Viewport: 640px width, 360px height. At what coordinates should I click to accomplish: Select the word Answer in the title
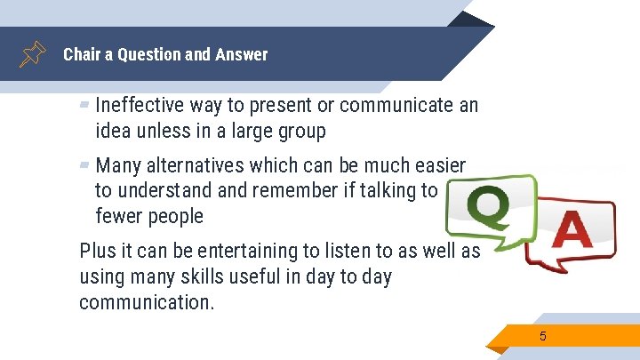click(241, 54)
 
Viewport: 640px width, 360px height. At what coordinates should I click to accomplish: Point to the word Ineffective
click(140, 106)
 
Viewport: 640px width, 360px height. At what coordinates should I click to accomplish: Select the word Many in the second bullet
click(116, 165)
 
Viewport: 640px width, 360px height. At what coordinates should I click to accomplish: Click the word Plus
click(97, 251)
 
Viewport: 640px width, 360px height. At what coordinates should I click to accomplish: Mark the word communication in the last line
click(147, 302)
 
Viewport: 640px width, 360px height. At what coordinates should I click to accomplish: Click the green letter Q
click(488, 210)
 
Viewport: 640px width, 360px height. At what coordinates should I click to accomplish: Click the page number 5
click(542, 336)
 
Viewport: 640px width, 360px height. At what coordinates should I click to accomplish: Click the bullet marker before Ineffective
click(84, 105)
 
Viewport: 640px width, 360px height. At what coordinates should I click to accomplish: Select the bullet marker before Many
click(84, 164)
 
